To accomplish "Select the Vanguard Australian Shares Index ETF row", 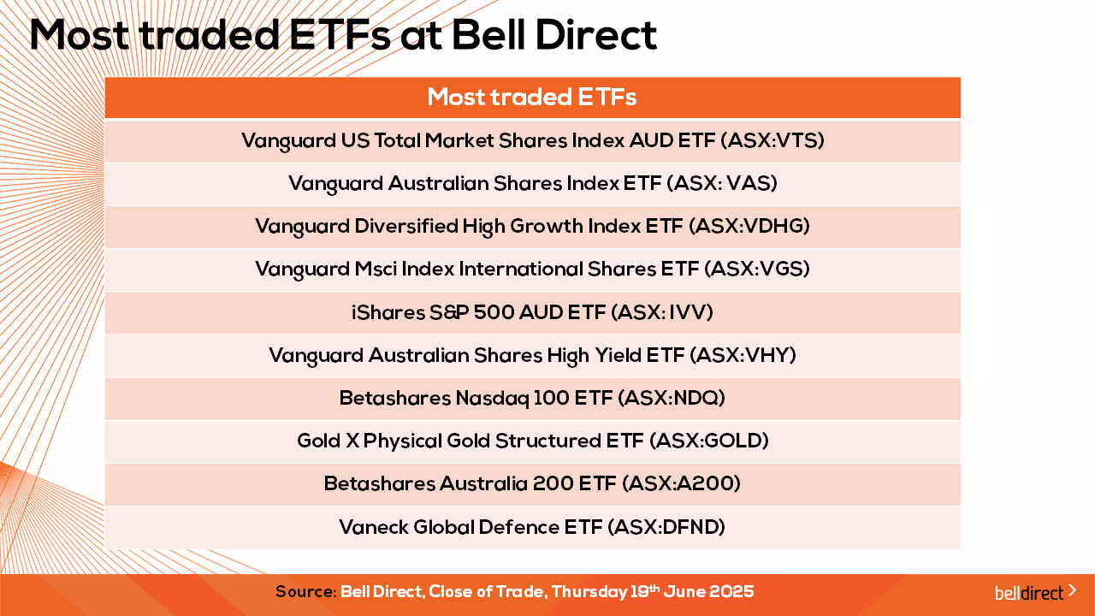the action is (x=533, y=184).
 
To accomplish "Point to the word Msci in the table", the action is (x=376, y=269).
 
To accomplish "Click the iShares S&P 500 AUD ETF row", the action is (x=532, y=312).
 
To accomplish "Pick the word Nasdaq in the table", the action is (x=492, y=399).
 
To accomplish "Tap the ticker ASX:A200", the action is (x=682, y=484).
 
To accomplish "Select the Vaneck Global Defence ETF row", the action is (x=532, y=528).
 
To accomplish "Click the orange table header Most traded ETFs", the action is (x=532, y=98).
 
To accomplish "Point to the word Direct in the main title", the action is (x=596, y=35).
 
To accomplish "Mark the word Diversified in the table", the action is (x=405, y=227).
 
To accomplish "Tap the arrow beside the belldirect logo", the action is (x=1072, y=590).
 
